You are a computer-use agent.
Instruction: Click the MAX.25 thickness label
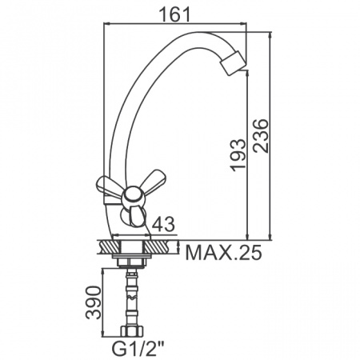click(x=223, y=254)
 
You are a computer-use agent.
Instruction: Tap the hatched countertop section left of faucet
click(x=106, y=246)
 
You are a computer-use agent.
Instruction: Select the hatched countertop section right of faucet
click(x=162, y=246)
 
